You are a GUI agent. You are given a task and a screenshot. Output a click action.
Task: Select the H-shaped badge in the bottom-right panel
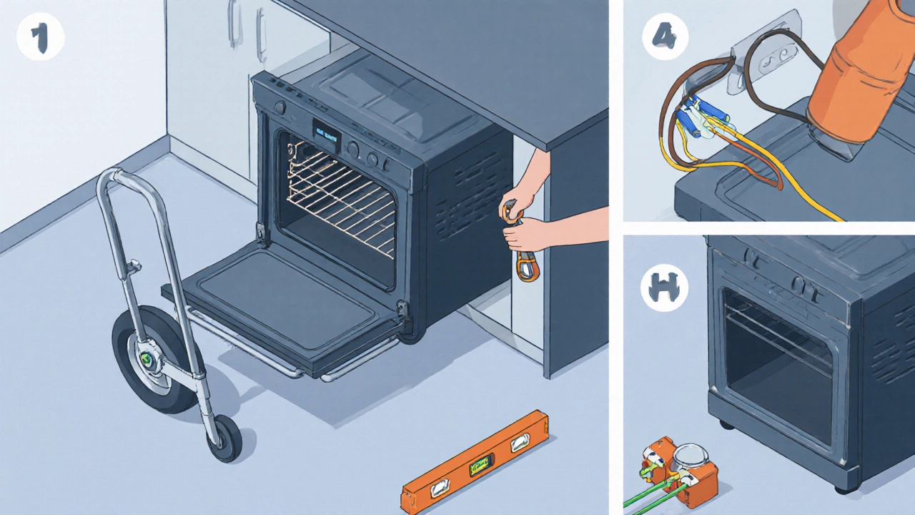tap(664, 289)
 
